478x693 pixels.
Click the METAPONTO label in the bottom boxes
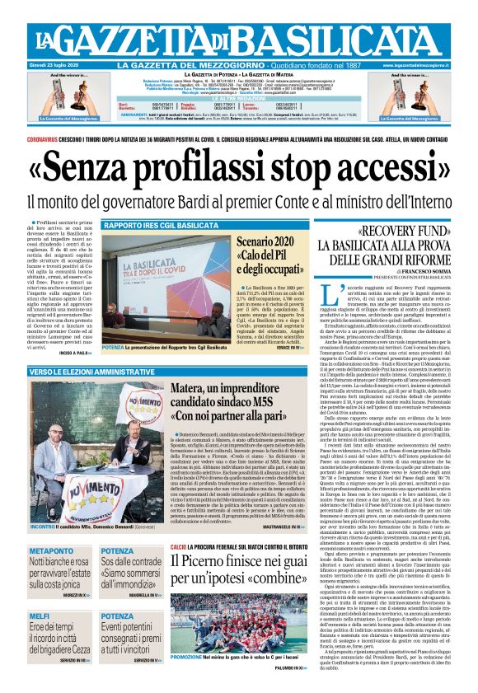click(x=52, y=550)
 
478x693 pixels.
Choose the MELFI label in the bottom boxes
click(x=40, y=616)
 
